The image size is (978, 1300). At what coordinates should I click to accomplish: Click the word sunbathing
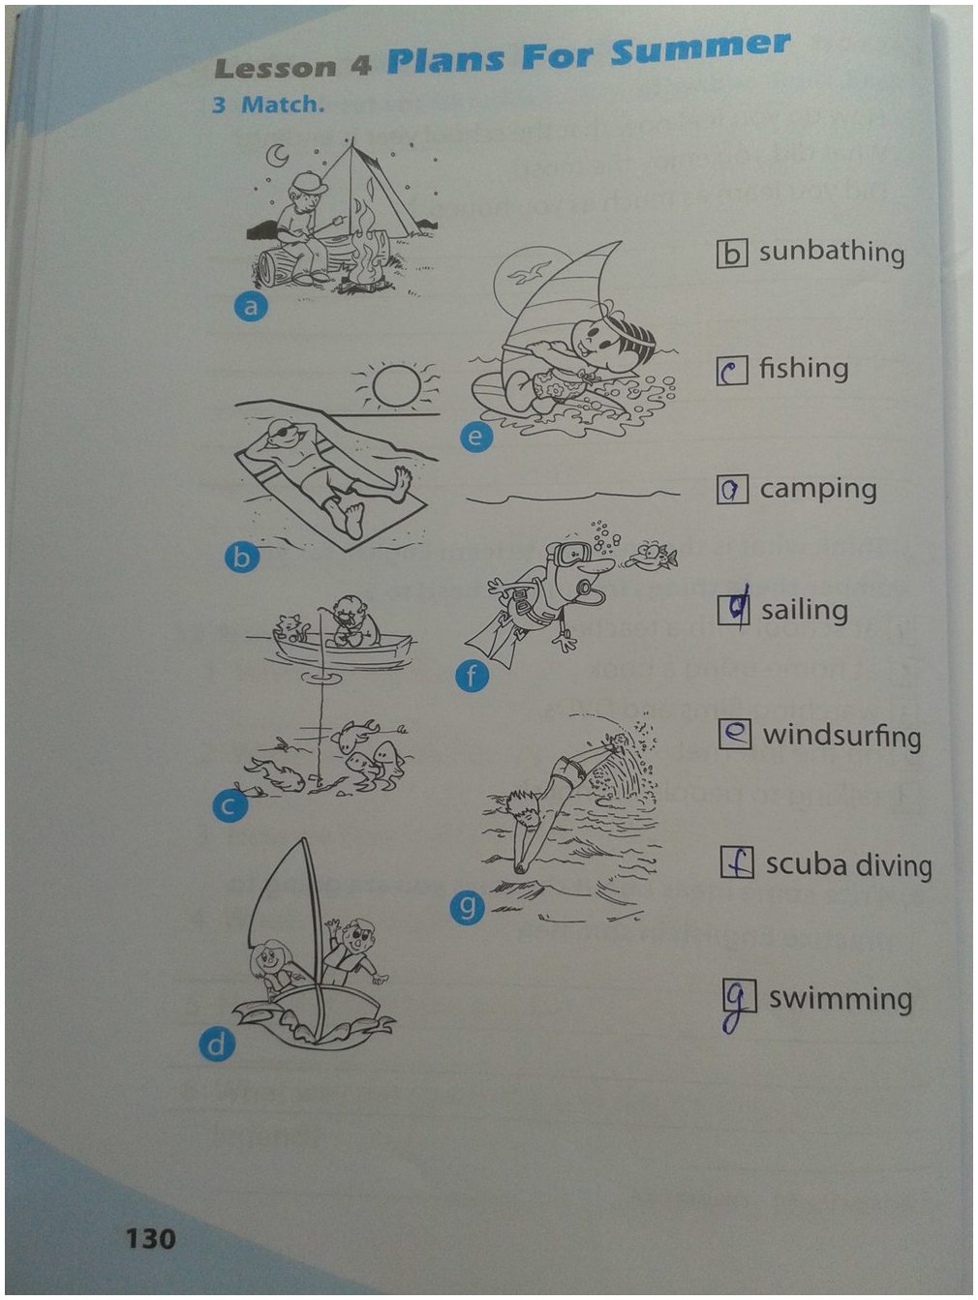pos(831,253)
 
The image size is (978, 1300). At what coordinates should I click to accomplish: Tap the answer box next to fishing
pos(732,371)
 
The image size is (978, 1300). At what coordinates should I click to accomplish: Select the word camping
pos(818,491)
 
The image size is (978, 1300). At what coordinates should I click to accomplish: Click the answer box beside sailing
pos(733,610)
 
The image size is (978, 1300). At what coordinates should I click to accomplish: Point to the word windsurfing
pos(841,737)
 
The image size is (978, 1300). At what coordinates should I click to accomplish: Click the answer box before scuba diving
pos(737,862)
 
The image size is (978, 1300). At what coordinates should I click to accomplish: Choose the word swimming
pos(840,1000)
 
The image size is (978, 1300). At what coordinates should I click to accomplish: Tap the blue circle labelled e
pos(476,437)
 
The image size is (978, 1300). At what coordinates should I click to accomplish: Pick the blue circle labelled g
pos(467,906)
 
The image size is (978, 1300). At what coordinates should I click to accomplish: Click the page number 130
pos(150,1238)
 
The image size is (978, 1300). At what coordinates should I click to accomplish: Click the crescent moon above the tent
pos(277,155)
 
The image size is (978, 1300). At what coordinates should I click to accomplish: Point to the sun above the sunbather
pos(397,385)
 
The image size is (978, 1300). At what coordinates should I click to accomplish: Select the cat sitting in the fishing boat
pos(290,629)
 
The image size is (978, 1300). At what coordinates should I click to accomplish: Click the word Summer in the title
pos(701,48)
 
